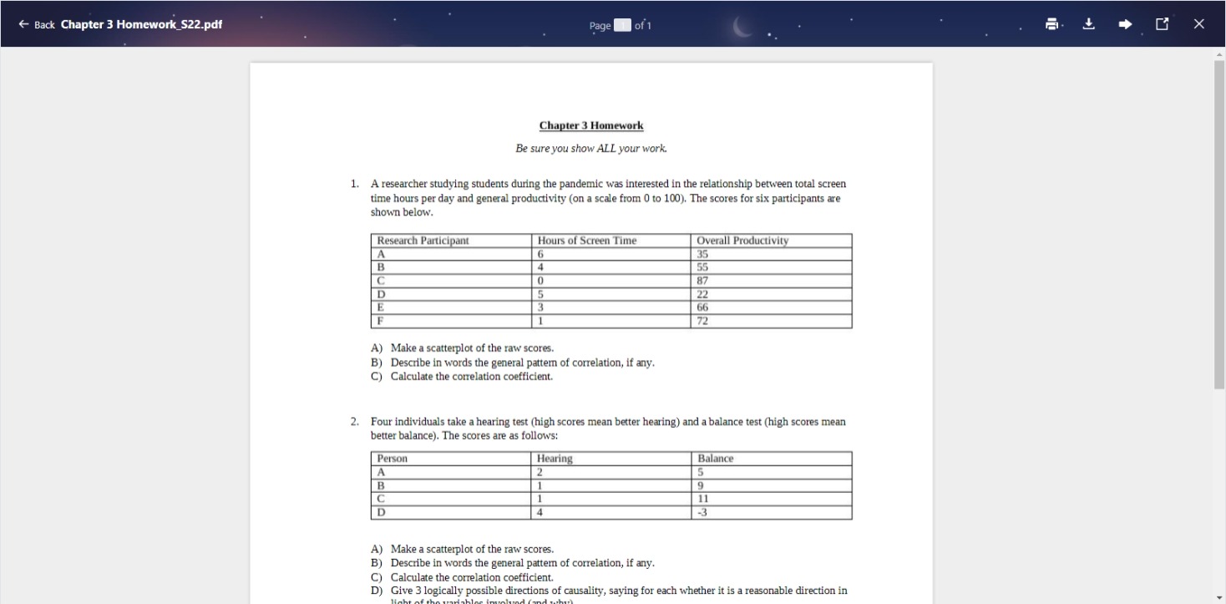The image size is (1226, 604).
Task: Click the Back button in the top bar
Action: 36,24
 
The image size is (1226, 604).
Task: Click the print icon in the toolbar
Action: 1052,24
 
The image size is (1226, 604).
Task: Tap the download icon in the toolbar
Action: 1088,24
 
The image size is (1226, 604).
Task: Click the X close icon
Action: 1199,24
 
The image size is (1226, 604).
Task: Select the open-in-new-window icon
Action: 1162,24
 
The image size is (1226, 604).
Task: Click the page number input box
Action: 622,25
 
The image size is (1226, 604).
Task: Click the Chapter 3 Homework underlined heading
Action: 590,125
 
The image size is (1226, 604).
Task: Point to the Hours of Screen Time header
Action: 586,241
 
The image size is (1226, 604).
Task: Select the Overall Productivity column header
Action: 742,241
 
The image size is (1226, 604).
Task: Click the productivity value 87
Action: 702,281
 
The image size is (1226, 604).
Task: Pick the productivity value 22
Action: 702,294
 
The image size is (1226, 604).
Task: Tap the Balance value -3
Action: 702,512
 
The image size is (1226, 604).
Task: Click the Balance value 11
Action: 702,499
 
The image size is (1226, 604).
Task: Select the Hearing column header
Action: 555,459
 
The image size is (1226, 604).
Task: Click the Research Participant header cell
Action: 423,241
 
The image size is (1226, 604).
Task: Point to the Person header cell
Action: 393,459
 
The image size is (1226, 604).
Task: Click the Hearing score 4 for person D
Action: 541,512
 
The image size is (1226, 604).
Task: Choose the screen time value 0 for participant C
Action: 541,281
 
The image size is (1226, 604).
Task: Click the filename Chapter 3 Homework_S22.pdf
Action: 141,24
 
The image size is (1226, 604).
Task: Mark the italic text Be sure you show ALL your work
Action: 590,149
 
